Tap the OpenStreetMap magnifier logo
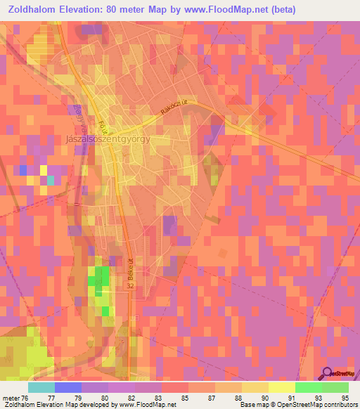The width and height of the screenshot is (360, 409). click(328, 373)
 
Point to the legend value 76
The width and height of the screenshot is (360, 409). click(24, 398)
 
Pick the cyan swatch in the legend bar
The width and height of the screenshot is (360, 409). click(41, 387)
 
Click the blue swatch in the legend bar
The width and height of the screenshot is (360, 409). click(68, 387)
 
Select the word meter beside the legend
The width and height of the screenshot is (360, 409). click(9, 398)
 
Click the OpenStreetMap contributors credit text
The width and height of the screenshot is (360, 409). click(318, 405)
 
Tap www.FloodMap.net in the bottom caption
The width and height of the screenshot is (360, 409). click(144, 405)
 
